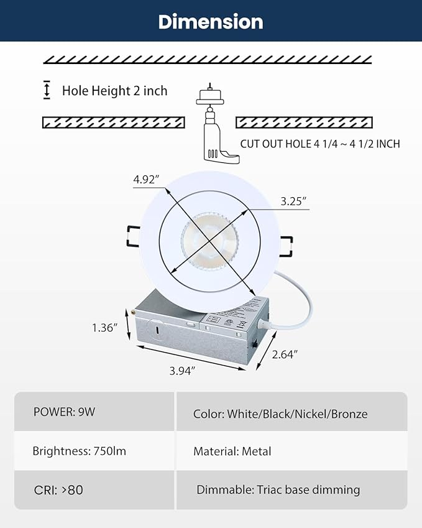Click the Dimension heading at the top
pos(211,22)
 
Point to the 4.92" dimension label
pos(146,180)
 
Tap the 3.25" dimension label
pos(293,201)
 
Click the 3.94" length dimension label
pos(183,371)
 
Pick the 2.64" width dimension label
pos(284,354)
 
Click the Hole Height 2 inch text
pos(114,91)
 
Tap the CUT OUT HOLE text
pos(320,144)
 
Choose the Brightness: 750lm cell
pos(79,451)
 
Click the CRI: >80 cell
pos(58,489)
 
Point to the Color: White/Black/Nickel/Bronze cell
pos(280,414)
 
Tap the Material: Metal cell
pos(232,452)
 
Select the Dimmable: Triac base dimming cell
pos(278,489)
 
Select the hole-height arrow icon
pos(47,90)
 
